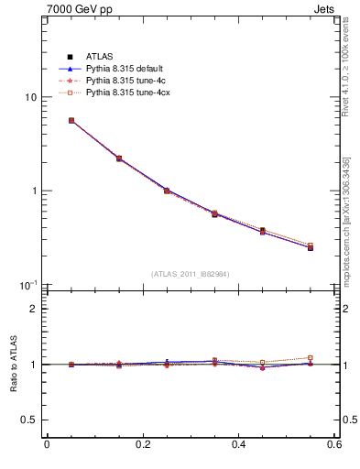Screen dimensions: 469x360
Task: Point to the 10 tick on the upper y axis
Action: [x=30, y=97]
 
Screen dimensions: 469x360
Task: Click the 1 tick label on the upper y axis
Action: [x=33, y=191]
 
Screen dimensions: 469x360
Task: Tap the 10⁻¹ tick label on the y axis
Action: [x=28, y=285]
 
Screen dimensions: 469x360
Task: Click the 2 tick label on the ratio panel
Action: [x=33, y=309]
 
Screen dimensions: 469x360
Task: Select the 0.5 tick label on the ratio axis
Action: [x=28, y=420]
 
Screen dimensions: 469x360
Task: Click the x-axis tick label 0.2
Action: [x=142, y=445]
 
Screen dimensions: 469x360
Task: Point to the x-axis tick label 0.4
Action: [x=238, y=445]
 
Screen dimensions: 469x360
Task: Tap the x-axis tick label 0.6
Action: [x=334, y=445]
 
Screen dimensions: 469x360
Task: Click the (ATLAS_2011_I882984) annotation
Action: [x=191, y=274]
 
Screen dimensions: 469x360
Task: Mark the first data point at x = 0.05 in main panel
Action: [x=71, y=120]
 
